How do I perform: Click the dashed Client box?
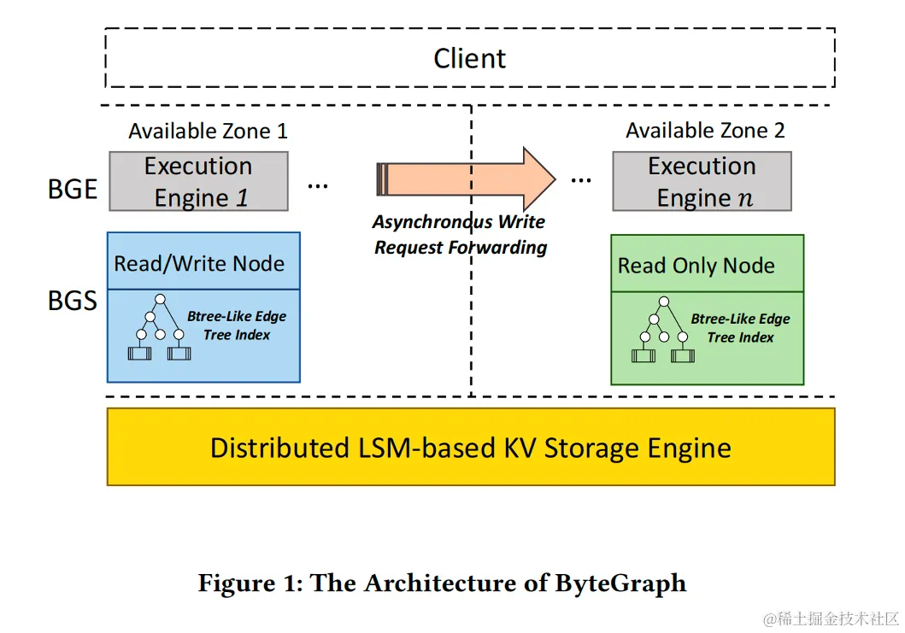point(469,58)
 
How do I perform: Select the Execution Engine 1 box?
point(198,181)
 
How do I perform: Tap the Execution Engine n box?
point(702,181)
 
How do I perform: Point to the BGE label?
point(72,189)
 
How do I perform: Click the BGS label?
point(72,301)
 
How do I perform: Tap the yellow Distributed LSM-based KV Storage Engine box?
point(471,448)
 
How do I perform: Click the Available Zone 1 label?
point(208,131)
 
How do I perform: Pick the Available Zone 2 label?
point(705,131)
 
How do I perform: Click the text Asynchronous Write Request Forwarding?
point(460,235)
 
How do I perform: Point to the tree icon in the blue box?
point(155,328)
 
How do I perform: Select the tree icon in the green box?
point(659,331)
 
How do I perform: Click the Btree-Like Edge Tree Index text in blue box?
point(237,325)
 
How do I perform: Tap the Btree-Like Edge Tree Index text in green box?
point(740,328)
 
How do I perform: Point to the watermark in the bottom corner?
point(831,617)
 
